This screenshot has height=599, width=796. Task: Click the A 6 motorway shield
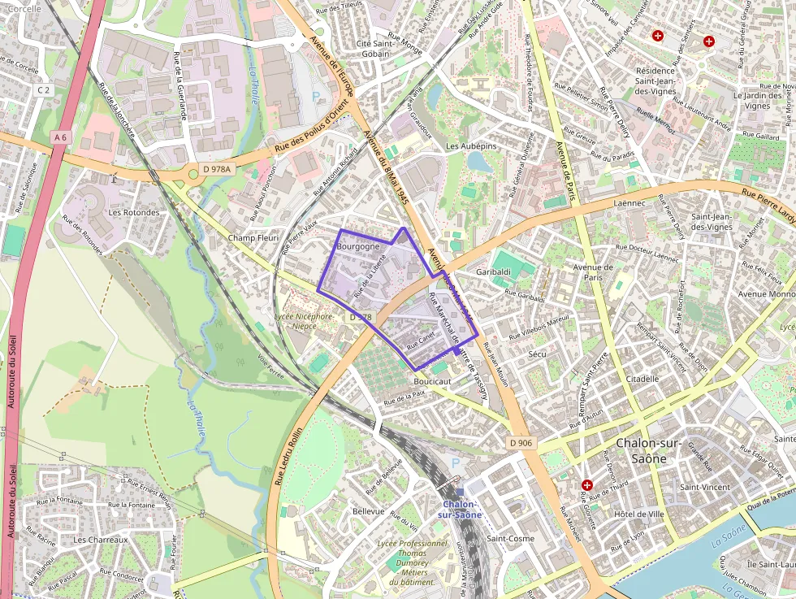59,137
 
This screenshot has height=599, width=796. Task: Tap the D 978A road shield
217,170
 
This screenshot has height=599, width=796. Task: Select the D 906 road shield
521,442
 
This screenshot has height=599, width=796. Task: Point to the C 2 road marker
44,90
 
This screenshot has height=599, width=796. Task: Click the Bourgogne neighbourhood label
357,245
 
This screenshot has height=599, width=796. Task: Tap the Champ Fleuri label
253,238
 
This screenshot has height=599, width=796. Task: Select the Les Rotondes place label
134,212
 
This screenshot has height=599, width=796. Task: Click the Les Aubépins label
471,145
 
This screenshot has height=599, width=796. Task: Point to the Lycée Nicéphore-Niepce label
304,321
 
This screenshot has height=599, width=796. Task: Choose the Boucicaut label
432,380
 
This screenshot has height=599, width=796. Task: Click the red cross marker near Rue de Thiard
587,484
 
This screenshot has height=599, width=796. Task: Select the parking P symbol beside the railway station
455,463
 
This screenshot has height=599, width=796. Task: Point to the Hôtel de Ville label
639,514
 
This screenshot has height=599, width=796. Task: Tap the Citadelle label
642,379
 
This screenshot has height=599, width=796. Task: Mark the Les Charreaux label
101,539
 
